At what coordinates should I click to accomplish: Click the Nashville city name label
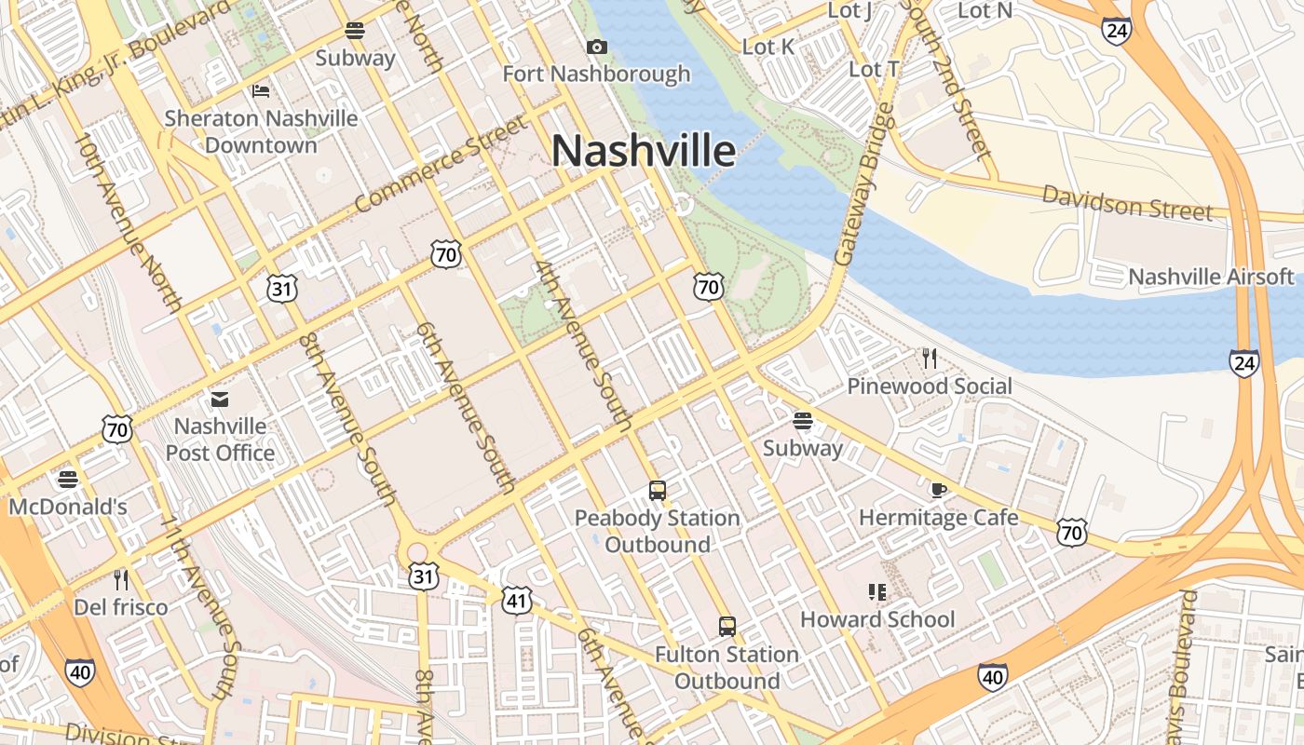pos(644,151)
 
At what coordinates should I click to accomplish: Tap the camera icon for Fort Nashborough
pos(596,47)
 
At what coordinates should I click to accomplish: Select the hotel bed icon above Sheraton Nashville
pos(261,90)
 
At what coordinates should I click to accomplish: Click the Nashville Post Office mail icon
pos(220,400)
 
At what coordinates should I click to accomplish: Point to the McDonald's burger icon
pos(67,480)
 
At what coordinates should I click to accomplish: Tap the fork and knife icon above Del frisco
pos(120,580)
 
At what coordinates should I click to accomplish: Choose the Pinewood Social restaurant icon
pos(929,359)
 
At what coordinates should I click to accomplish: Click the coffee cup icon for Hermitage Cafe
pos(938,490)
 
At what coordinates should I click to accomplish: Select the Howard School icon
pos(876,592)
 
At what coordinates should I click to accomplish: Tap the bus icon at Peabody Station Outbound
pos(658,490)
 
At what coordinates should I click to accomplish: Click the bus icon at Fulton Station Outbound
pos(727,627)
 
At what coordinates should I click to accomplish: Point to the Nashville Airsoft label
pos(1211,277)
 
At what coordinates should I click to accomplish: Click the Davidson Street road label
pos(1127,203)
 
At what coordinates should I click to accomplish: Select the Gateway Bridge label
pos(859,184)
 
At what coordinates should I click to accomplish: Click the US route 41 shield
pos(517,601)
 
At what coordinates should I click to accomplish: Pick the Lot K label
pos(768,47)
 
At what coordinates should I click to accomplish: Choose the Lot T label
pos(874,69)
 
